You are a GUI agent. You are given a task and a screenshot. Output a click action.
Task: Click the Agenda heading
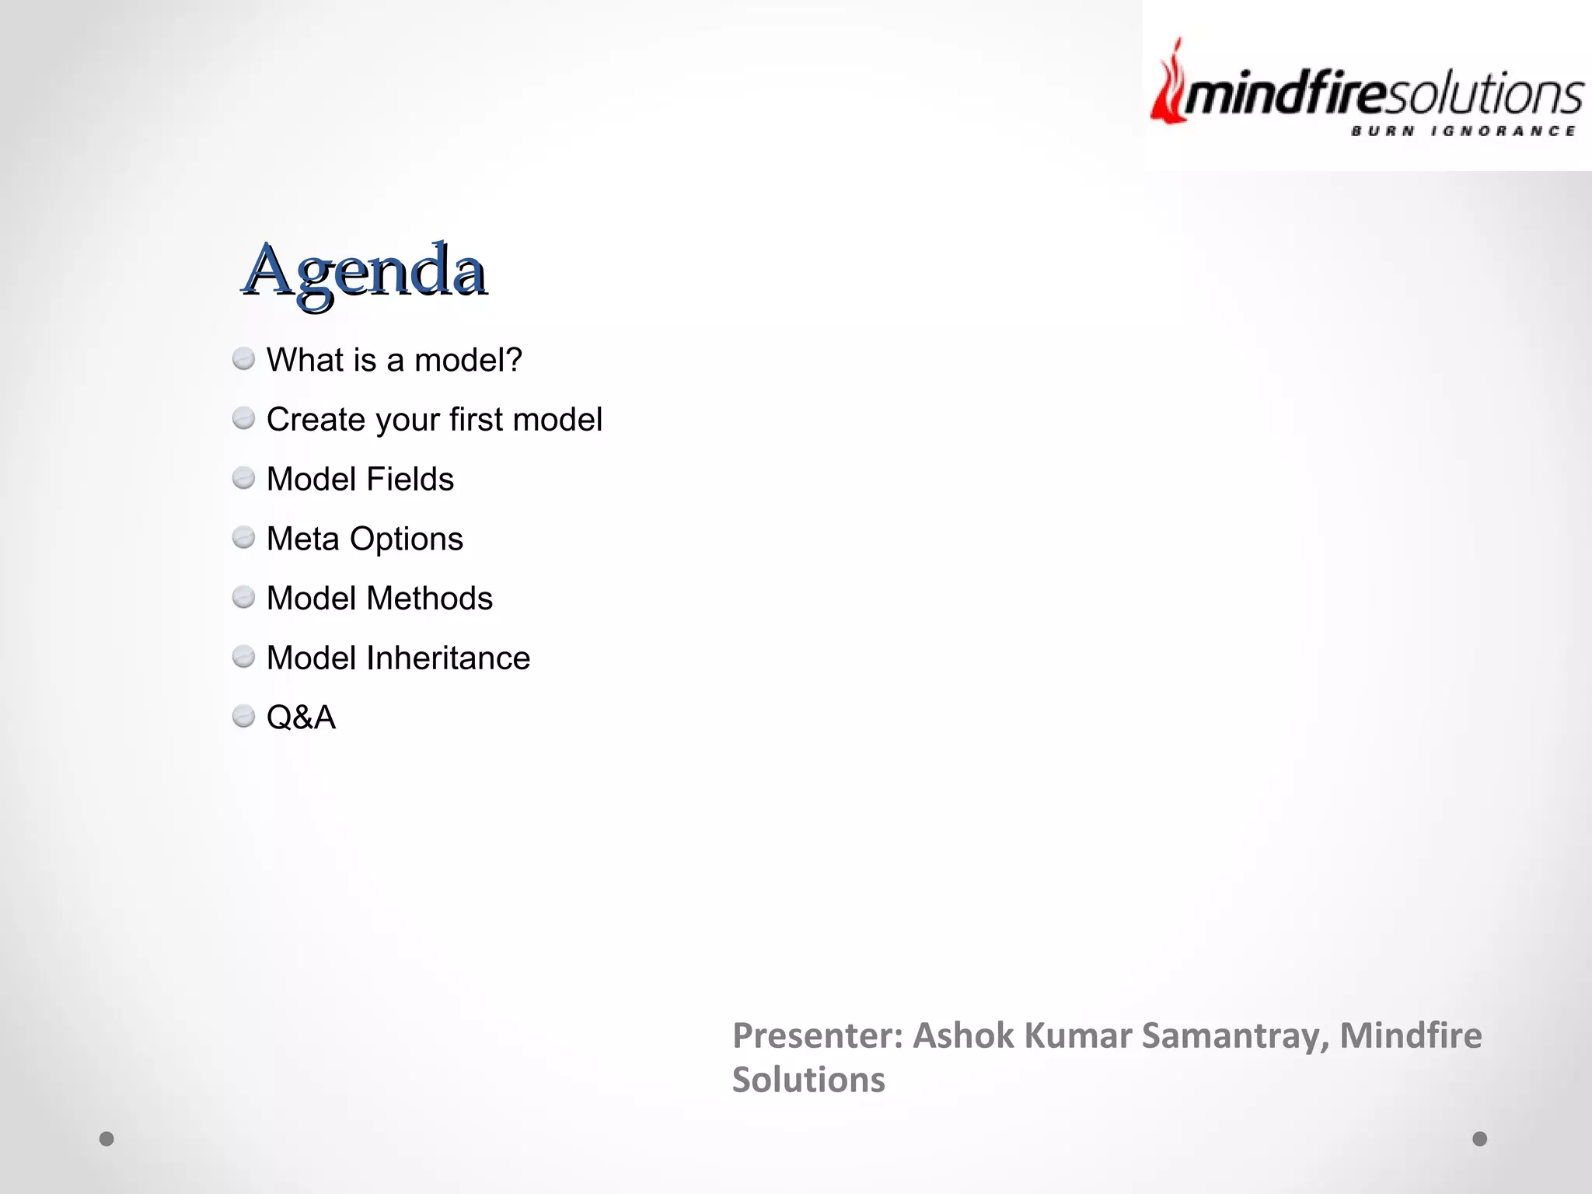[x=365, y=271]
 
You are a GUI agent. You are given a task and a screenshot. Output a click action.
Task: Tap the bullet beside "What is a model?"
[x=243, y=359]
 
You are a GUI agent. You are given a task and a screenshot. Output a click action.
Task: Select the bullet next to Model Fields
[x=243, y=478]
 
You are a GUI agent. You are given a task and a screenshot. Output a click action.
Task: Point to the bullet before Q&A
[x=243, y=716]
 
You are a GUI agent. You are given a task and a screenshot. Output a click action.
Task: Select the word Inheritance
[x=448, y=658]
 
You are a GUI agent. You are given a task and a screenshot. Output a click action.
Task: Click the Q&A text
[x=301, y=717]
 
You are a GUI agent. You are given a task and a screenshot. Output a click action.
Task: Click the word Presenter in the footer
[x=817, y=1035]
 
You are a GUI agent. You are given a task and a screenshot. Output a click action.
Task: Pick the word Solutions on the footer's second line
[x=808, y=1080]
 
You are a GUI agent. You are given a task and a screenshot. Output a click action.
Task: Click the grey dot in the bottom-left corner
[x=106, y=1139]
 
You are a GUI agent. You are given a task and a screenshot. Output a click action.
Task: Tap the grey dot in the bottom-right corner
[x=1480, y=1139]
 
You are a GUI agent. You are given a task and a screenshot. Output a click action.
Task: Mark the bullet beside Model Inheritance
[x=243, y=657]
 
